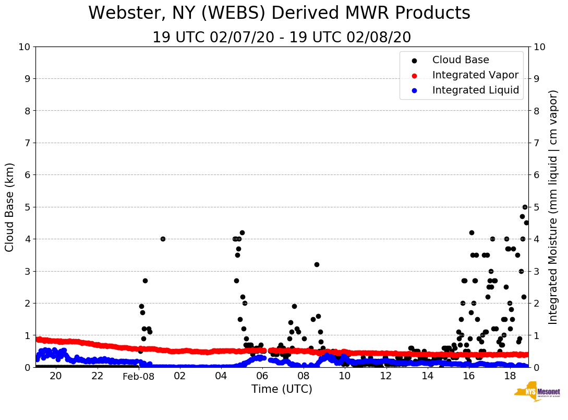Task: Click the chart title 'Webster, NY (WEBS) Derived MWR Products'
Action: coord(279,13)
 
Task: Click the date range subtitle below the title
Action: coord(282,38)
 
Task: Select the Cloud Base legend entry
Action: coord(460,60)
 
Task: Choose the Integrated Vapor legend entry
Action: coord(475,75)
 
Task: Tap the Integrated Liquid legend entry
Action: coord(475,90)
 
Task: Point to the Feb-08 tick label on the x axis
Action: coord(139,376)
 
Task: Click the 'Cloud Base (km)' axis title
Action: coord(10,207)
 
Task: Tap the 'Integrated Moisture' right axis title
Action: coord(553,207)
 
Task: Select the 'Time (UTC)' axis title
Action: coord(282,389)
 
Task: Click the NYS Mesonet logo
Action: coord(537,393)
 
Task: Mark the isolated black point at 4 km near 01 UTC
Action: coord(163,239)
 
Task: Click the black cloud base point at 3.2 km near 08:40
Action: coord(317,264)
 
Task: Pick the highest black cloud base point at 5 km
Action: coord(525,207)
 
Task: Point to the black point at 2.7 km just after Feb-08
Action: coord(145,281)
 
